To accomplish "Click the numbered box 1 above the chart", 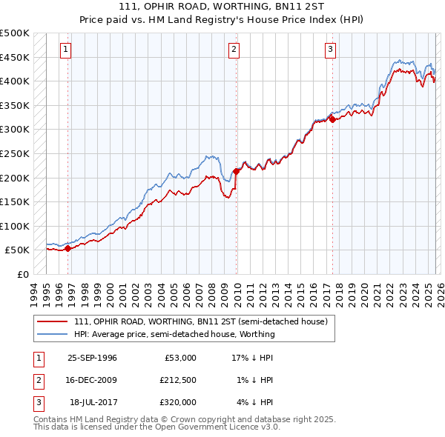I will point(66,50).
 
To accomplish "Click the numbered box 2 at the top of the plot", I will point(234,50).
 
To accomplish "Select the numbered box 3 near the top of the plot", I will point(329,50).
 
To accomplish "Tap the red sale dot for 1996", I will point(68,249).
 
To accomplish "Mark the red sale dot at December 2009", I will point(237,171).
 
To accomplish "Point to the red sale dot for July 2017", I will point(332,119).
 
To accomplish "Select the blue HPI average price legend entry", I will point(174,334).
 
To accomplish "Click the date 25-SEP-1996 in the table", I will point(92,358).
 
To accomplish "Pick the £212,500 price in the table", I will point(177,380).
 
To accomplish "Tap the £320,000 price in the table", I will point(177,402).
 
